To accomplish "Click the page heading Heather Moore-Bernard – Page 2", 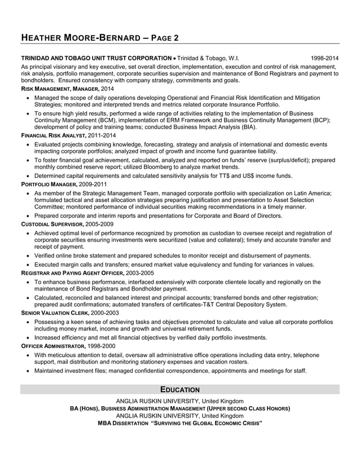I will coord(100,38).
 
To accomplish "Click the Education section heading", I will coord(180,389).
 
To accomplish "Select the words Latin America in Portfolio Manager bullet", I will coord(311,193).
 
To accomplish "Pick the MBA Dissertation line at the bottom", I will coord(180,423).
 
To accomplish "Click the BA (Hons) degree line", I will coord(180,408).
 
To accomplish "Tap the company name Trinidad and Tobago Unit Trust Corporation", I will coord(96,58).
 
